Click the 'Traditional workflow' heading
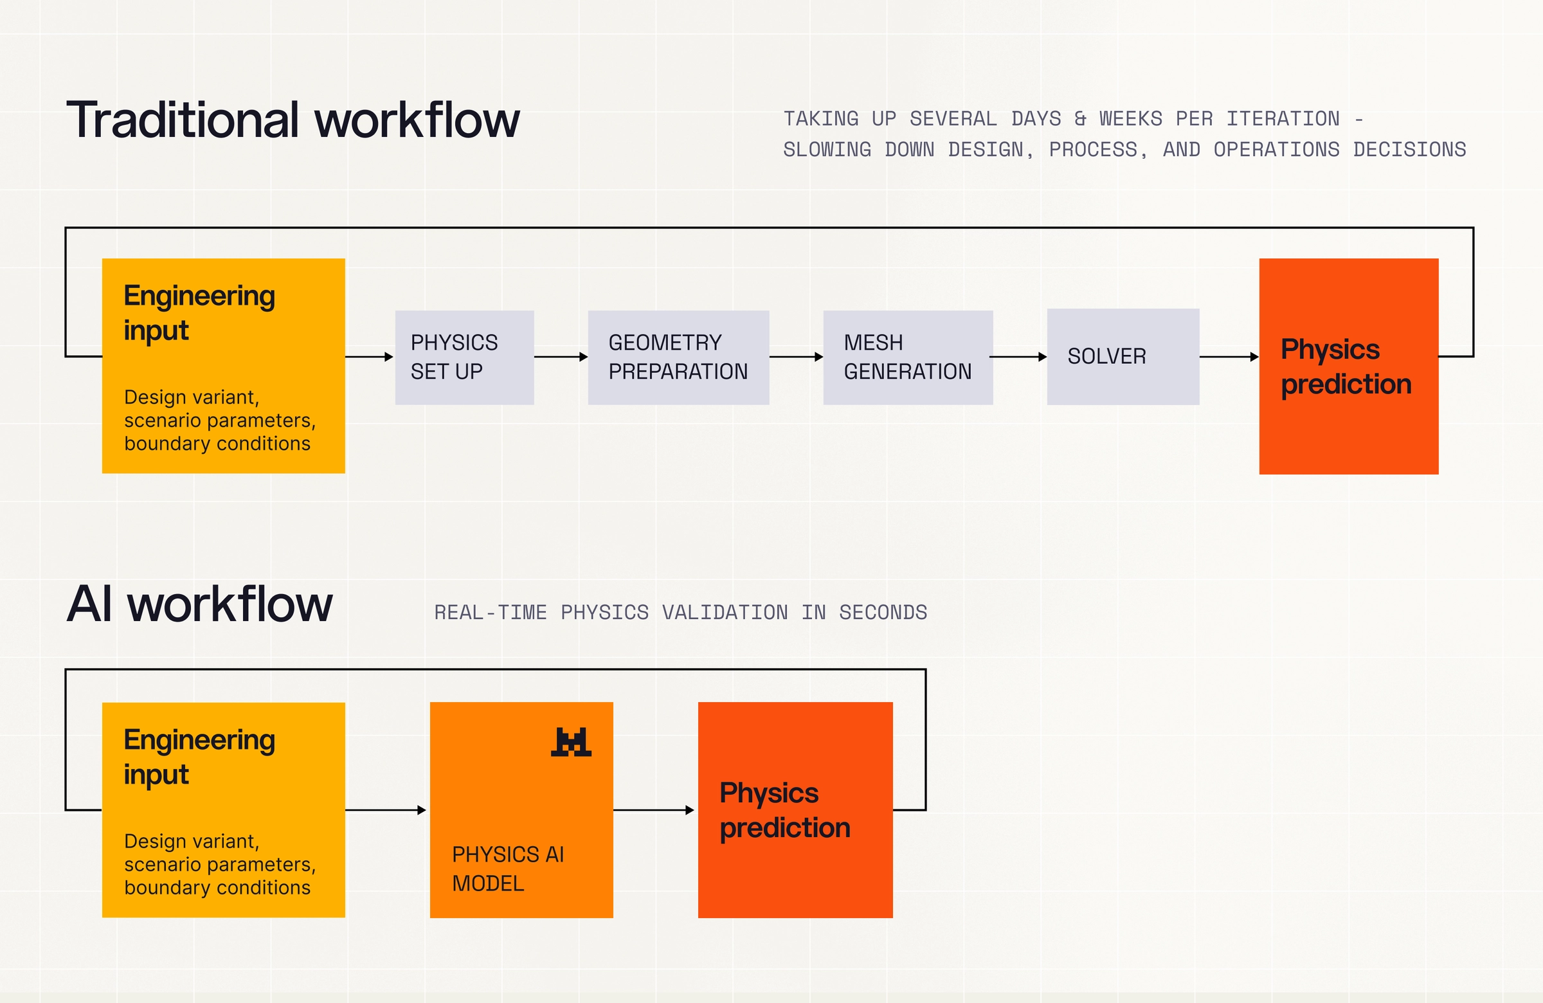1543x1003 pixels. pyautogui.click(x=293, y=120)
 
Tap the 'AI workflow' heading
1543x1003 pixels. pyautogui.click(x=200, y=604)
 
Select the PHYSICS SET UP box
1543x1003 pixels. pyautogui.click(x=465, y=357)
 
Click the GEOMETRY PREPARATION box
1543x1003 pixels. pyautogui.click(x=679, y=357)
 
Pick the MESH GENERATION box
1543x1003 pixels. pyautogui.click(x=908, y=357)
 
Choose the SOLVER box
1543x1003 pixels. pyautogui.click(x=1123, y=357)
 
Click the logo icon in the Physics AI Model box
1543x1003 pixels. pyautogui.click(x=571, y=742)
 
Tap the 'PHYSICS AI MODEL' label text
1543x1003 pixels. pyautogui.click(x=509, y=869)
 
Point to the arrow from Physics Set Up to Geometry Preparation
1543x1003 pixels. pyautogui.click(x=561, y=357)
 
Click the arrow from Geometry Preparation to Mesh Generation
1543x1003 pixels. pyautogui.click(x=796, y=357)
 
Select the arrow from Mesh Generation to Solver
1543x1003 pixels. pyautogui.click(x=1018, y=357)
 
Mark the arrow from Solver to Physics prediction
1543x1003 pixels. pyautogui.click(x=1229, y=357)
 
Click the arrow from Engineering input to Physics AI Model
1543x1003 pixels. pyautogui.click(x=386, y=809)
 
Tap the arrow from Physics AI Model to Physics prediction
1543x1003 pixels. pyautogui.click(x=653, y=809)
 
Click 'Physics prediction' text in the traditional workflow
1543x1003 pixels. pyautogui.click(x=1346, y=367)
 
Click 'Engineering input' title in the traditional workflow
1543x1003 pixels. pyautogui.click(x=200, y=312)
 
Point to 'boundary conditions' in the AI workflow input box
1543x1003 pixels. pyautogui.click(x=217, y=888)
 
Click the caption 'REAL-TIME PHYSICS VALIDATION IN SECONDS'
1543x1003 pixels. pyautogui.click(x=681, y=613)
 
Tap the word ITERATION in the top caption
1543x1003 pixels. pyautogui.click(x=1283, y=119)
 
